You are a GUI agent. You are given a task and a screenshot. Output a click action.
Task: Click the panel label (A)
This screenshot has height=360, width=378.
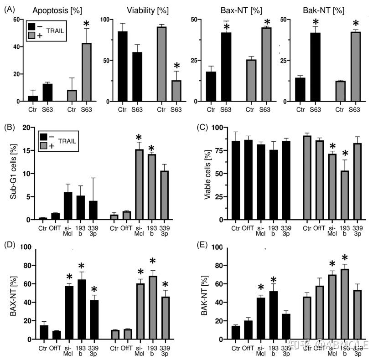(x=10, y=9)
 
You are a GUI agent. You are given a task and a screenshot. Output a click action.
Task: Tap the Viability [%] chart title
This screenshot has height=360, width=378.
(x=140, y=9)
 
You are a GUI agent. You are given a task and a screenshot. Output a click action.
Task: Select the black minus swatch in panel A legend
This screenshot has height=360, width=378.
(x=31, y=27)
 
